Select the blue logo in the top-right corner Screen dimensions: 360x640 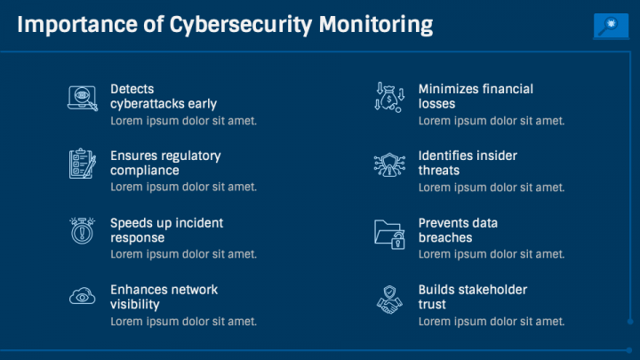coord(610,27)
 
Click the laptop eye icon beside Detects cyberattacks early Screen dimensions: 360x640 coord(82,97)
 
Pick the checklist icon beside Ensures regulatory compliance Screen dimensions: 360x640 coord(82,164)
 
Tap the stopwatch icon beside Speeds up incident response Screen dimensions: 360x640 coord(82,230)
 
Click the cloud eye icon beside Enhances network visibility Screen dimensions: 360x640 coord(82,297)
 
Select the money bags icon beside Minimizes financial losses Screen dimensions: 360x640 coord(388,97)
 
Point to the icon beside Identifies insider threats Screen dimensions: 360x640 coord(388,164)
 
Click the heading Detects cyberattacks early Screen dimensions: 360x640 coord(164,96)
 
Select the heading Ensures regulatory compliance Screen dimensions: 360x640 coord(165,163)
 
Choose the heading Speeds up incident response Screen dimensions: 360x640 coord(166,230)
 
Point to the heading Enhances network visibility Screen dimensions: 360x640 coord(164,297)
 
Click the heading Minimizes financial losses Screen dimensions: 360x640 coord(476,96)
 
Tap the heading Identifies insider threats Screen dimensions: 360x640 coord(468,163)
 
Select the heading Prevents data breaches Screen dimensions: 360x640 coord(458,230)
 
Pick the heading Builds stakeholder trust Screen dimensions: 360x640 coord(472,297)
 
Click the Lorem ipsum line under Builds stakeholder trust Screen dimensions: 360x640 coord(492,321)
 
